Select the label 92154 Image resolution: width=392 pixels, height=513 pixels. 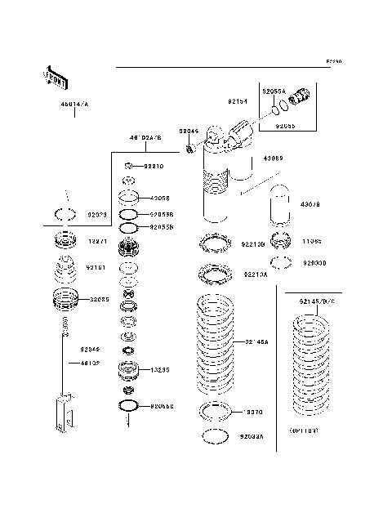tap(238, 102)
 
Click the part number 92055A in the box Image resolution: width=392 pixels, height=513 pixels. tap(274, 92)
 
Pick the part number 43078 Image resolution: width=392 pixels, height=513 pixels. tap(334, 204)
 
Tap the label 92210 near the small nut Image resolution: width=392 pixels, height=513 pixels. tap(154, 166)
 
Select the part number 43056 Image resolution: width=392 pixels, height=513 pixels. tap(160, 198)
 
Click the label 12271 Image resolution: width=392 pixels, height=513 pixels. tap(97, 243)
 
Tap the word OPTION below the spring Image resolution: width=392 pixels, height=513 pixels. tap(303, 429)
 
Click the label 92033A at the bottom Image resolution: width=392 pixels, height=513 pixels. tap(252, 437)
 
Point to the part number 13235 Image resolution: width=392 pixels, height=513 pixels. tap(160, 370)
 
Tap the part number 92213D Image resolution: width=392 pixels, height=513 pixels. tap(253, 243)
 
